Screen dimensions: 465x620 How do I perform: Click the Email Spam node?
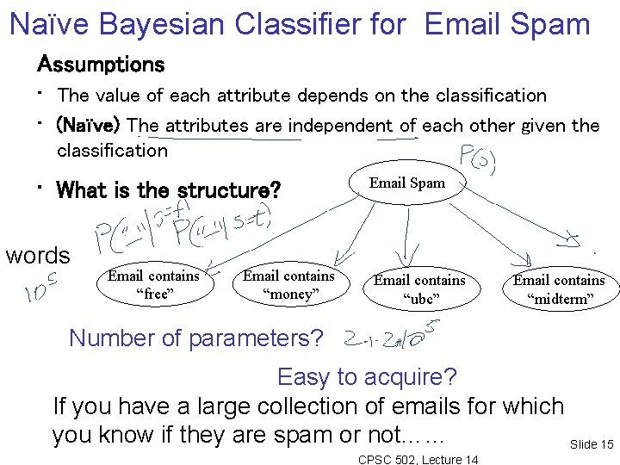click(407, 183)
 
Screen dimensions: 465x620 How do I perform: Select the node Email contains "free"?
click(153, 285)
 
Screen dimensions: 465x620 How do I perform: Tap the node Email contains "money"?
click(288, 285)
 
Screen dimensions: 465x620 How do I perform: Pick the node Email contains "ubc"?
click(419, 289)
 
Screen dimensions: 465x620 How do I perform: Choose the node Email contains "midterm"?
click(559, 289)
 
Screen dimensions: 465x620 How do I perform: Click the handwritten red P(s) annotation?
click(475, 160)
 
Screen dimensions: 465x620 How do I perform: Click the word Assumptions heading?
click(100, 65)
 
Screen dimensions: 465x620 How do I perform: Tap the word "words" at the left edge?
click(37, 256)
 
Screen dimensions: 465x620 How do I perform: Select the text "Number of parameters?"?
click(195, 338)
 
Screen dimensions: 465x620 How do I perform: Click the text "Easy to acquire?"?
click(367, 377)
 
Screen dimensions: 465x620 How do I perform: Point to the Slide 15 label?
click(591, 444)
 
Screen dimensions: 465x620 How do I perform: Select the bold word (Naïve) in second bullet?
click(90, 126)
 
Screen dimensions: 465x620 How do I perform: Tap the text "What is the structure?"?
click(169, 190)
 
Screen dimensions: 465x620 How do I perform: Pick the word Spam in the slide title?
click(548, 24)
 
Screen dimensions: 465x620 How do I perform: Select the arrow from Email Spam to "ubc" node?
click(402, 232)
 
